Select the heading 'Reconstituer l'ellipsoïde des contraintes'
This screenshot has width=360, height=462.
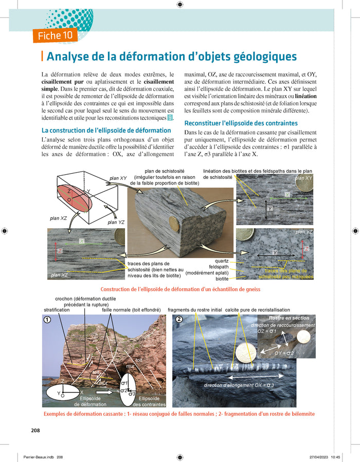(x=241, y=123)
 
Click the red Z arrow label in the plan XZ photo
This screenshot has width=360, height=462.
(x=60, y=251)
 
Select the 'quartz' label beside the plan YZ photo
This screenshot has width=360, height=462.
(x=222, y=261)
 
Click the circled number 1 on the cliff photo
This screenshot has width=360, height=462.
(x=47, y=320)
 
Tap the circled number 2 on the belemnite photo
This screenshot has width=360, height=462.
(x=179, y=320)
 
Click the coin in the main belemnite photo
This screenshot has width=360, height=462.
(x=246, y=354)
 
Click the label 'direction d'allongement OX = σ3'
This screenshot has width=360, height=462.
(x=239, y=385)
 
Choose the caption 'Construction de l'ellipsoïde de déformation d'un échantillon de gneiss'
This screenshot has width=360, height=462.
(x=180, y=289)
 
